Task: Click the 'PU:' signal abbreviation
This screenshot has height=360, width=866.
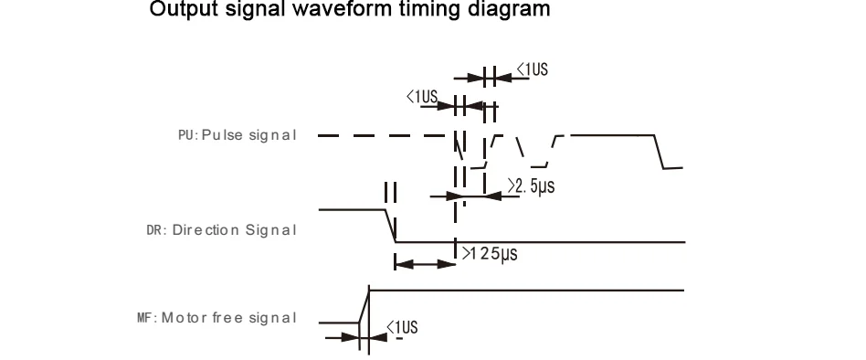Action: click(x=188, y=135)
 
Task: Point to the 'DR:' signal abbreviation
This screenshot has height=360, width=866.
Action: click(x=156, y=230)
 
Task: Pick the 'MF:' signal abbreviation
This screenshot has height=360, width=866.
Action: click(x=147, y=318)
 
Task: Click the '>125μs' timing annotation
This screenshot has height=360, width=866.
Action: click(x=490, y=253)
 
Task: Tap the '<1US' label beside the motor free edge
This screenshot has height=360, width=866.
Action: click(x=402, y=327)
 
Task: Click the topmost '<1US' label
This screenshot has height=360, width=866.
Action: click(x=533, y=69)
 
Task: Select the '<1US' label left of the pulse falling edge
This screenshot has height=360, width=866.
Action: click(x=422, y=97)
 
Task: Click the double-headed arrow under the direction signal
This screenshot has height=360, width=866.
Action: click(x=426, y=264)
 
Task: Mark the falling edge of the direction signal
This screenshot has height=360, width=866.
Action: click(x=390, y=226)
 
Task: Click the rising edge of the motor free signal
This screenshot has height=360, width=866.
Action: click(x=364, y=306)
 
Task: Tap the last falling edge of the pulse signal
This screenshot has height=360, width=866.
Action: click(x=659, y=152)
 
